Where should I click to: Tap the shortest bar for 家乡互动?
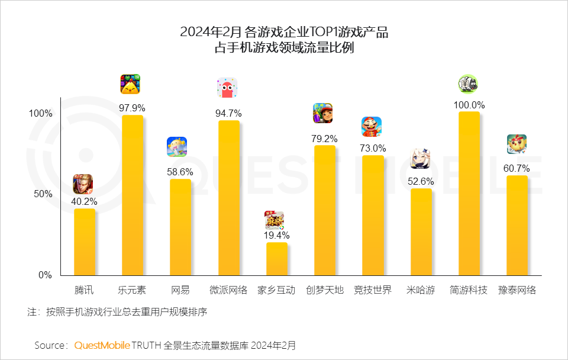276,259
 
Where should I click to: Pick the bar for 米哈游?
421,232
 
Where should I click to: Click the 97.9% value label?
132,108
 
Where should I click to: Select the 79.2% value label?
324,139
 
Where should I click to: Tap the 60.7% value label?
517,168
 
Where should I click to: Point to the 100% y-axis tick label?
40,114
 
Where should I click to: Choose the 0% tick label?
45,275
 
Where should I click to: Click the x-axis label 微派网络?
228,290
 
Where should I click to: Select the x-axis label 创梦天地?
324,290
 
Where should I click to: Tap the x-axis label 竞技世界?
372,290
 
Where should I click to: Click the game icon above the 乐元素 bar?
130,85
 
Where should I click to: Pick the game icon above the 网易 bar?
177,147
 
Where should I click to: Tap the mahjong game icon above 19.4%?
275,220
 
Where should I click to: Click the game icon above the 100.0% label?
468,84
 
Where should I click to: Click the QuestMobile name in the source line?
102,345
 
